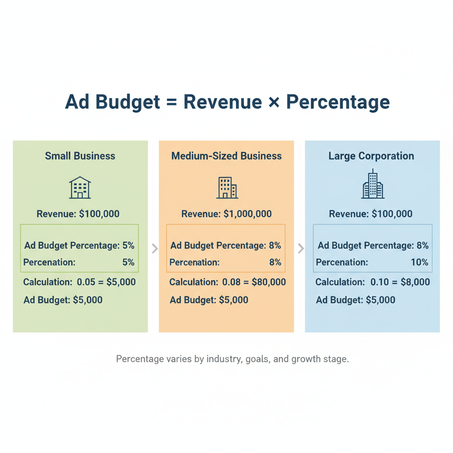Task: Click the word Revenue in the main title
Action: [x=223, y=102]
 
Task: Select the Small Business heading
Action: [x=80, y=156]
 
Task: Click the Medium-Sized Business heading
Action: [x=226, y=156]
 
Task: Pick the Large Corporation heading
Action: [x=371, y=156]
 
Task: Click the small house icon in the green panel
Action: [x=80, y=188]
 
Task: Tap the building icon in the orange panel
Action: [x=227, y=188]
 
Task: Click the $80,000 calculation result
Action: [x=269, y=282]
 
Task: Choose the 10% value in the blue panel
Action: [x=419, y=262]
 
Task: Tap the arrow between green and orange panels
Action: [x=154, y=248]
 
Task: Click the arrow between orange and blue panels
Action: [x=301, y=248]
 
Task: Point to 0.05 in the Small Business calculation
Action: [x=86, y=282]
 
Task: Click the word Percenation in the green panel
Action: [x=49, y=262]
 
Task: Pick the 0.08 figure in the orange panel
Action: [x=232, y=282]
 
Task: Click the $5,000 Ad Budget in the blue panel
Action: [x=380, y=300]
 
